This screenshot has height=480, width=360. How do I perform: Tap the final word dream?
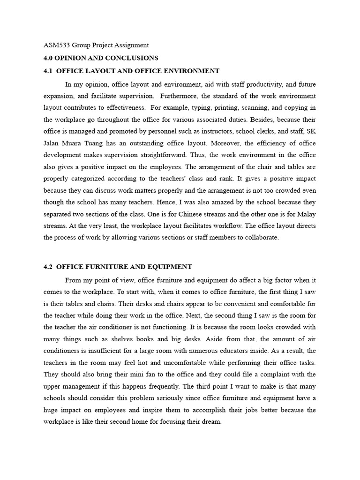click(211, 421)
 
